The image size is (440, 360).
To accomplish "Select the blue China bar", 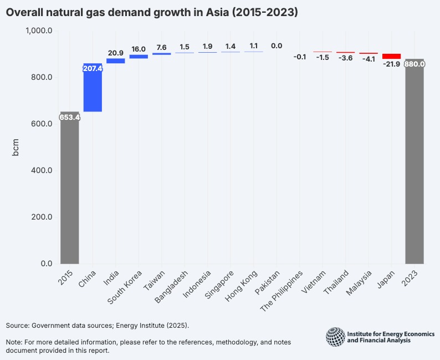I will (93, 88).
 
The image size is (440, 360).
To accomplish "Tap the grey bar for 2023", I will (415, 161).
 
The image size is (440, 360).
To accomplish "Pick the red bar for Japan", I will (391, 56).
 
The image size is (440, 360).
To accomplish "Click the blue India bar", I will (115, 61).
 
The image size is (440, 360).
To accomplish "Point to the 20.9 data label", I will (115, 53).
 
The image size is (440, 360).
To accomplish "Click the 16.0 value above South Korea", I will (139, 49).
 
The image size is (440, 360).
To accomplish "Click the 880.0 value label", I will (415, 64).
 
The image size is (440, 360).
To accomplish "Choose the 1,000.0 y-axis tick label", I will (39, 31).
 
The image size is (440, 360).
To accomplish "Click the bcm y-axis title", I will (16, 147).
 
